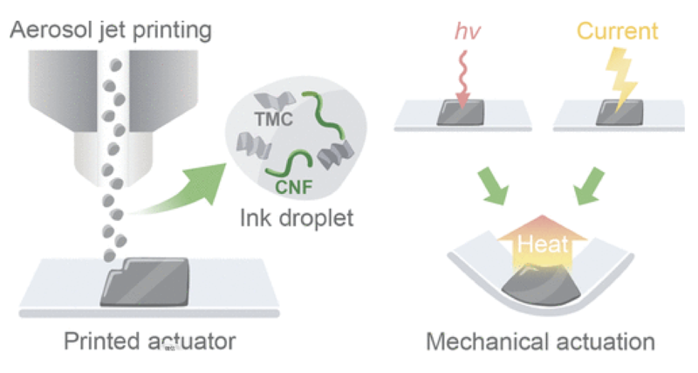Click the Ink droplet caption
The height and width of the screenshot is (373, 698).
click(297, 217)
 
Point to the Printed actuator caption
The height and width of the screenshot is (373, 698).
click(149, 342)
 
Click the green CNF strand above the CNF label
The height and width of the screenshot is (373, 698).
click(291, 162)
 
